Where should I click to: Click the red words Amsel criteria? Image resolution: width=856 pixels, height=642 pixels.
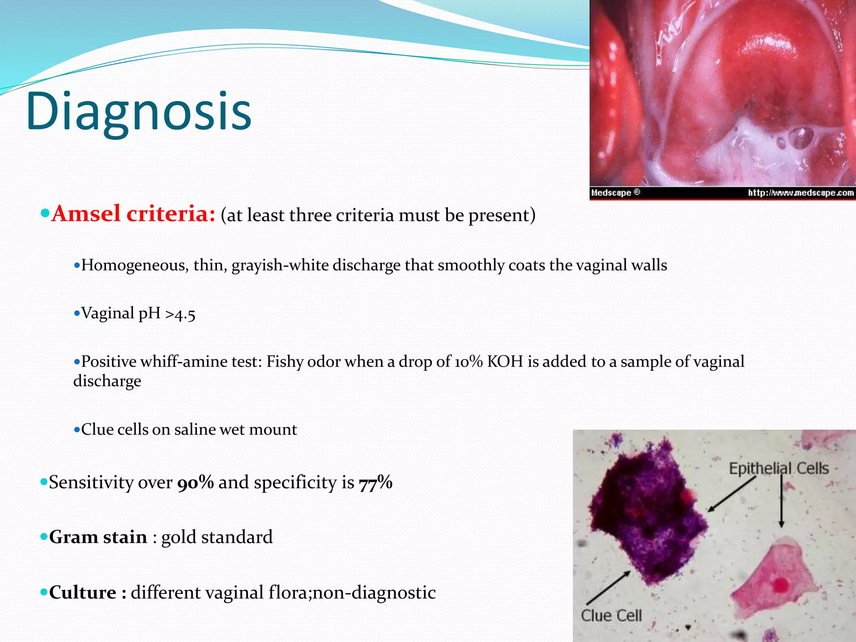[x=133, y=214]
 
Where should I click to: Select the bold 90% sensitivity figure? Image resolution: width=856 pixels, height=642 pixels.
[x=196, y=482]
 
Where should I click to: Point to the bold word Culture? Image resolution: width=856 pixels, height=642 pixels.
[x=83, y=593]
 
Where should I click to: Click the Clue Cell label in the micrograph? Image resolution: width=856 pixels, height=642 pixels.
[x=611, y=615]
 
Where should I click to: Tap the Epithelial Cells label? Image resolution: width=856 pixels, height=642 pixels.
[x=779, y=469]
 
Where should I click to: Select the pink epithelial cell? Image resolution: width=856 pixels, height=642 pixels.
[x=773, y=581]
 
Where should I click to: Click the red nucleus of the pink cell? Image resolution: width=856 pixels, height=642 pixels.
[x=780, y=585]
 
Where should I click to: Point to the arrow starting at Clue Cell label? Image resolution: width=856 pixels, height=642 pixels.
[x=608, y=587]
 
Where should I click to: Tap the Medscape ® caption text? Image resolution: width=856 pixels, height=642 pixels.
[x=615, y=193]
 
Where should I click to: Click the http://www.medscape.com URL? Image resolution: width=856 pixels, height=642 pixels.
[x=800, y=193]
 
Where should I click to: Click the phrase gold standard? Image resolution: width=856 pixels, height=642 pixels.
[x=217, y=537]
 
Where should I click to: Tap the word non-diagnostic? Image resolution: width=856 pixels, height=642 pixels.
[x=374, y=593]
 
